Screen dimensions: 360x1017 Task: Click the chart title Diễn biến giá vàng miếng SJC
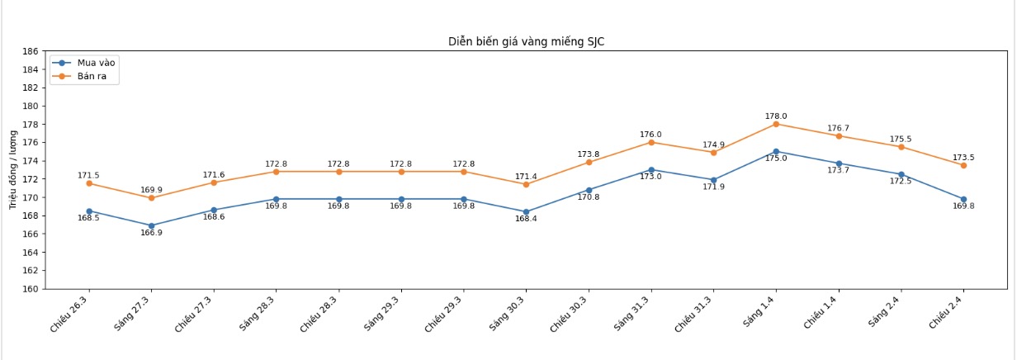[x=526, y=41]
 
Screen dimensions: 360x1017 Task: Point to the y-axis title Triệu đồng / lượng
[x=13, y=169]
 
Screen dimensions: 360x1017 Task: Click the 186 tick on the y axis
[x=31, y=51]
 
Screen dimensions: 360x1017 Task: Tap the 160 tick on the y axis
[x=31, y=289]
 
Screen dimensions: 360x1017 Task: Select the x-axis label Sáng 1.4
[x=759, y=310]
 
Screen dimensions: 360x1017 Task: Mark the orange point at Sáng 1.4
[x=776, y=124]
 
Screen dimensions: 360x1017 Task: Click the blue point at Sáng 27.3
[x=151, y=225]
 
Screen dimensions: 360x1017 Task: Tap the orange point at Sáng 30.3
[x=526, y=184]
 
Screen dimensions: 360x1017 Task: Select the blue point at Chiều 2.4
[x=963, y=199]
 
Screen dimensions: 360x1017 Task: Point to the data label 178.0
[x=776, y=116]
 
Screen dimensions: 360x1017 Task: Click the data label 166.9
[x=151, y=233]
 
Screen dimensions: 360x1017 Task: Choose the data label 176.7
[x=839, y=128]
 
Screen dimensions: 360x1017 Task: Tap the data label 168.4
[x=526, y=219]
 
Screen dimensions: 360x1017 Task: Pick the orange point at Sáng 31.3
[x=651, y=142]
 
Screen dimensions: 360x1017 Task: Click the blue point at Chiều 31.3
[x=713, y=180]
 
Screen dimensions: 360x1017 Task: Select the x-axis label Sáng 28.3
[x=258, y=311]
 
